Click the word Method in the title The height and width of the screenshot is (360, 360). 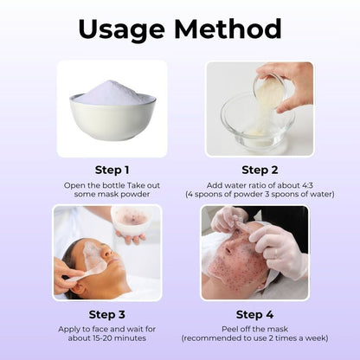(x=228, y=29)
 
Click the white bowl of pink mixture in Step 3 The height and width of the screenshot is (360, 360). (x=132, y=220)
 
